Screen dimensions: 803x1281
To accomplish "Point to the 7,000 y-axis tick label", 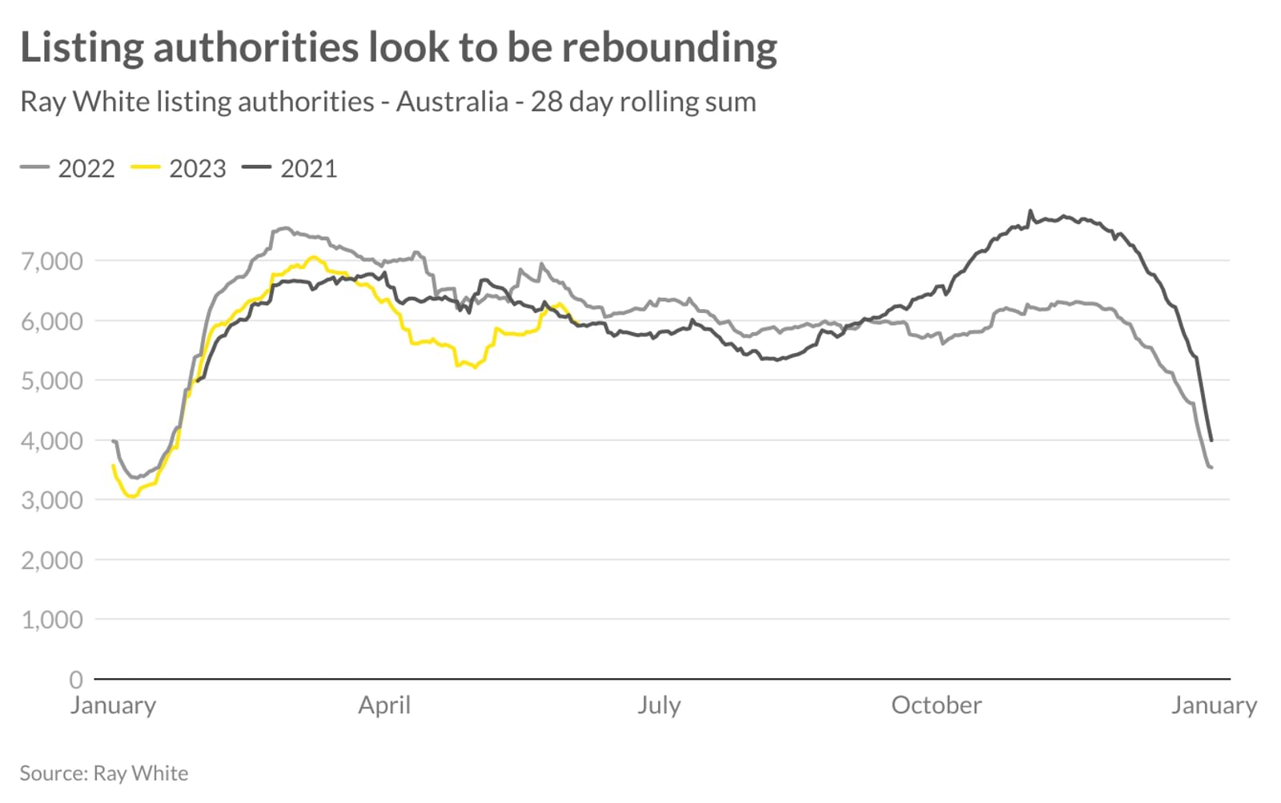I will coord(52,261).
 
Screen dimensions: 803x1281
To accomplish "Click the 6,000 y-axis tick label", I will coord(52,321).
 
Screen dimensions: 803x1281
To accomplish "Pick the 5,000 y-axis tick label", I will coord(52,380).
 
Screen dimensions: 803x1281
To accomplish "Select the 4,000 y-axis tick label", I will coord(52,440).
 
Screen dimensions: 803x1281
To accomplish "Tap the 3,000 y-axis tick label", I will coord(52,500).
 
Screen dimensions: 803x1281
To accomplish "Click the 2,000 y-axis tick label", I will coord(52,560).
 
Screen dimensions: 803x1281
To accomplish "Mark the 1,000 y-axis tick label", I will coord(52,620).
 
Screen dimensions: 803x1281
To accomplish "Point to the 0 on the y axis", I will coord(76,680).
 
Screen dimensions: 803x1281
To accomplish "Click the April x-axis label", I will coord(384,705).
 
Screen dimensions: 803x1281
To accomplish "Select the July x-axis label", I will coord(659,705).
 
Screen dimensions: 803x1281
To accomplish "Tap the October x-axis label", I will coord(936,705).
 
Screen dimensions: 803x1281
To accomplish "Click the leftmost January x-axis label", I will coord(113,705).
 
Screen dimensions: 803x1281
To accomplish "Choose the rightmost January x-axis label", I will coord(1214,705).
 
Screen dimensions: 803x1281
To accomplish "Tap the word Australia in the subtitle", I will coord(452,102).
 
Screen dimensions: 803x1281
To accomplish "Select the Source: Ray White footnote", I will coord(104,773).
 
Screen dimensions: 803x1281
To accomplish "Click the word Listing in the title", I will coord(80,47).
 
